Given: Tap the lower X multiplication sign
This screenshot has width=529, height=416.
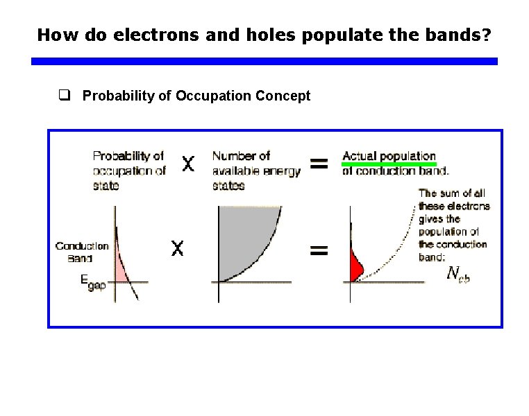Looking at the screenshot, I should [177, 248].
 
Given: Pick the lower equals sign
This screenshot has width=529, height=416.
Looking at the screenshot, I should [319, 250].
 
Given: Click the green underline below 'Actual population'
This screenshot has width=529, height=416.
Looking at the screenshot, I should [389, 164].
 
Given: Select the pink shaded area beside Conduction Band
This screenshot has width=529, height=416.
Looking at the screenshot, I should [122, 267].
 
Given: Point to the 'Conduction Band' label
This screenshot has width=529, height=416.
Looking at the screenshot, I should [82, 252].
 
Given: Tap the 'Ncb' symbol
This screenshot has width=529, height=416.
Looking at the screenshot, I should [459, 275].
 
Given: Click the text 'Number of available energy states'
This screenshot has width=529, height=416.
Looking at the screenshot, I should [255, 171].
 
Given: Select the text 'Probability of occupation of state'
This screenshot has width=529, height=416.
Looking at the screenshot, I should [129, 171].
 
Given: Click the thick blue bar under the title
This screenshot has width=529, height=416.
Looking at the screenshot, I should [264, 62].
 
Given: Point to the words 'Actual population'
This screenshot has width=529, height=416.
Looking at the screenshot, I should [389, 156].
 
